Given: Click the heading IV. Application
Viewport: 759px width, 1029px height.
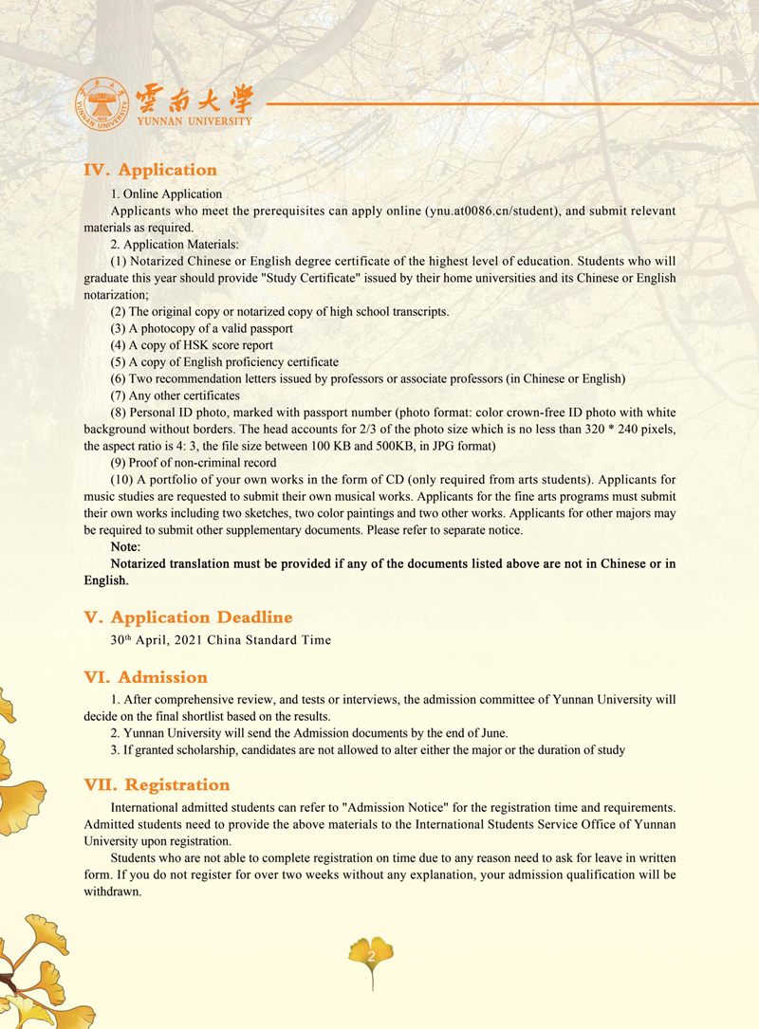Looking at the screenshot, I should [x=151, y=170].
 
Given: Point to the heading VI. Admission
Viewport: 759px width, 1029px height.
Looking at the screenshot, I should [x=145, y=677].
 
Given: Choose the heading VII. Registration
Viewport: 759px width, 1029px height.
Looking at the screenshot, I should [x=157, y=785].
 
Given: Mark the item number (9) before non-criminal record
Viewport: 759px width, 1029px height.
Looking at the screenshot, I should [x=121, y=463].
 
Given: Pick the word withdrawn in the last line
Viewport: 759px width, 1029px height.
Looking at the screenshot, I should [x=112, y=892].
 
